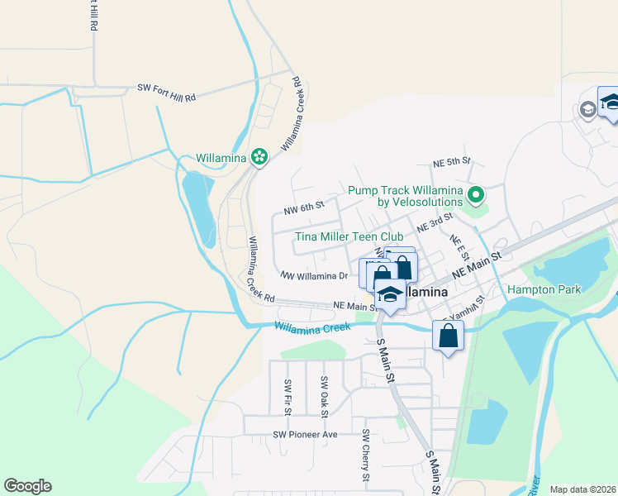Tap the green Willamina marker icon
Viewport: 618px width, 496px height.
click(259, 156)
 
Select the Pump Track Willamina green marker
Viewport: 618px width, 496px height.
click(476, 196)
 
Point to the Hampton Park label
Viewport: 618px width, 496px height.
click(544, 289)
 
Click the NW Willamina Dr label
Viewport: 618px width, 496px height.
click(314, 275)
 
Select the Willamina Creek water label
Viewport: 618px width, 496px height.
click(312, 327)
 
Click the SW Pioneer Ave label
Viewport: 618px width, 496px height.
click(307, 434)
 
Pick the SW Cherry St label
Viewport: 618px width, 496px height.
click(364, 455)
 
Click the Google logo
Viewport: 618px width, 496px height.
click(27, 486)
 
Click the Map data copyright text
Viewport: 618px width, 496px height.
click(583, 489)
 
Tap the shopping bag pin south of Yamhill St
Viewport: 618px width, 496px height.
click(448, 337)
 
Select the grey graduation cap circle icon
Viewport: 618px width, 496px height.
click(587, 109)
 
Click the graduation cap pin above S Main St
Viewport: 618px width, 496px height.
click(390, 294)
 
